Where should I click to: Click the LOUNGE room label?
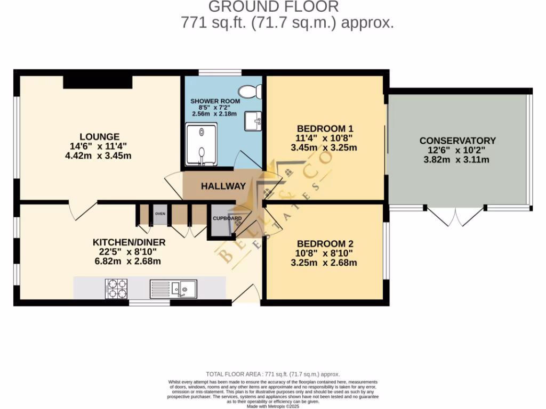click(100, 136)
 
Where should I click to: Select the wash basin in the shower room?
click(253, 121)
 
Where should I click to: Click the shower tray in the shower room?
click(202, 145)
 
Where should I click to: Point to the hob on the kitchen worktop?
click(117, 288)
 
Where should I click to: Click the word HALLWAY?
click(223, 186)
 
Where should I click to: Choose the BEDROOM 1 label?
click(325, 128)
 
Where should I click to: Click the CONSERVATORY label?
click(457, 141)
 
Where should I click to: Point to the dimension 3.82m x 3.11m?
click(457, 160)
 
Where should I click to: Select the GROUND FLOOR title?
click(273, 7)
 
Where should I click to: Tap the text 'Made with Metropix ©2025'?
click(272, 406)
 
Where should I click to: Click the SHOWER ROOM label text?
click(215, 101)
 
